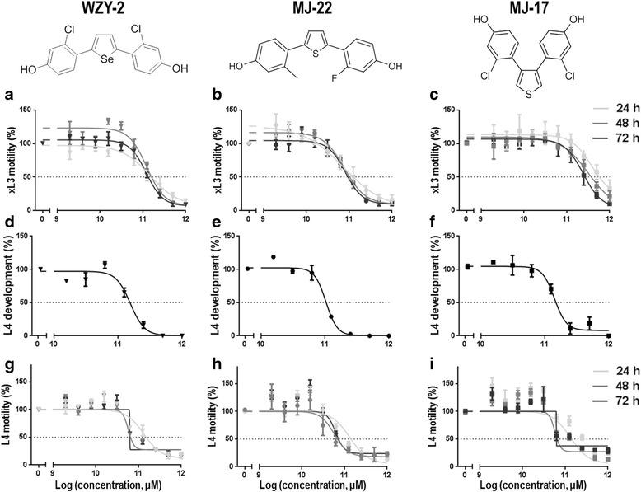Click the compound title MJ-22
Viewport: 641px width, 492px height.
pyautogui.click(x=324, y=9)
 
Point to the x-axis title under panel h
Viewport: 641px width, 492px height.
pyautogui.click(x=324, y=483)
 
